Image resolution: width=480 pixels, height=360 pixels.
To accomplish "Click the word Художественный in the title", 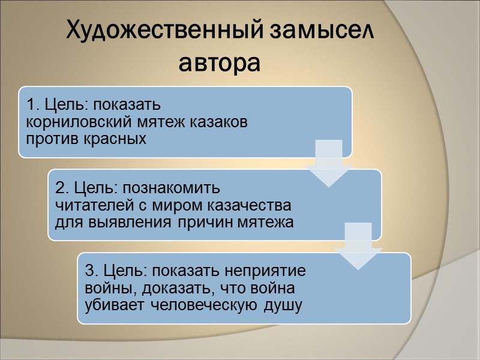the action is pos(161,29).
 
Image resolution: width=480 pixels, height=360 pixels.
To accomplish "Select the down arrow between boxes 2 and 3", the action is pos(358,246).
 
